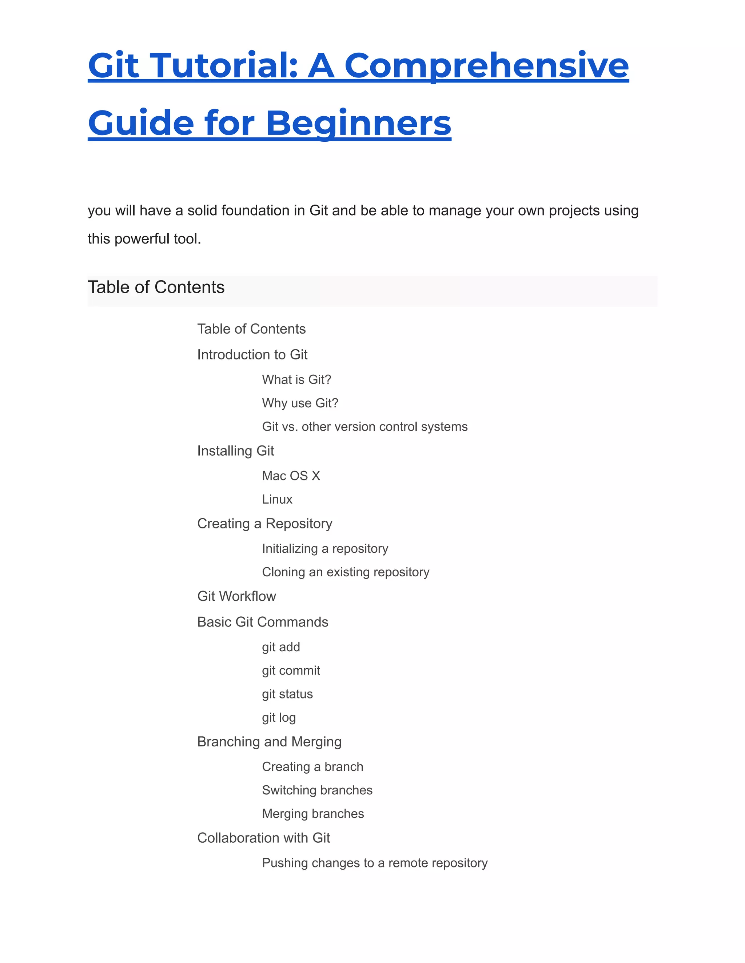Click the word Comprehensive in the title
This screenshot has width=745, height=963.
coord(486,66)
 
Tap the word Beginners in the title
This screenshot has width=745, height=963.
coord(358,123)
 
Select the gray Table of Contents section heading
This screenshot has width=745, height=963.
coord(156,287)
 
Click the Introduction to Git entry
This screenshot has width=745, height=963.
coord(252,355)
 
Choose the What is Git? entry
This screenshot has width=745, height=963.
coord(296,380)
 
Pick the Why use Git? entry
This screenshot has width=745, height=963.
coord(300,403)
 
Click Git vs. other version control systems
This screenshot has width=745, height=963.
coord(364,427)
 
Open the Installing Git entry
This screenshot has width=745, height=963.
coord(235,451)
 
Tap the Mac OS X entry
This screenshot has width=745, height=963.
coord(291,476)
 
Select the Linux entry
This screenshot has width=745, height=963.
coord(277,499)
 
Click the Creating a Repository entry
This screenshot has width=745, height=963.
coord(264,523)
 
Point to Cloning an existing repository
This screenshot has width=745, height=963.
coord(346,572)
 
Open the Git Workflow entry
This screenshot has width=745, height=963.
coord(236,596)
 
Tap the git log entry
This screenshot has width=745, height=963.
coord(279,717)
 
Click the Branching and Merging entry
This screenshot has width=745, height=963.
coord(269,742)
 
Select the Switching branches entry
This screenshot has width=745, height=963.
coord(317,790)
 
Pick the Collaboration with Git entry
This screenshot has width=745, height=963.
coord(263,838)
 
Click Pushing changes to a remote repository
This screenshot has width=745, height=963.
coord(375,863)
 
